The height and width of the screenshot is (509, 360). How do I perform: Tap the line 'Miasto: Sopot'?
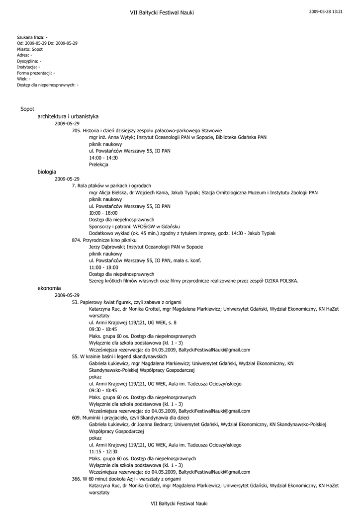[x=30, y=49]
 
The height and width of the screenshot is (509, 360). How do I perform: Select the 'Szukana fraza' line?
[x=32, y=37]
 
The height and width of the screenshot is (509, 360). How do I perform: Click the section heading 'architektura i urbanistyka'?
[x=68, y=116]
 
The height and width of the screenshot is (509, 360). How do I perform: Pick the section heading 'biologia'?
[x=47, y=171]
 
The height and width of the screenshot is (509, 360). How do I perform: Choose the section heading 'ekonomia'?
[x=49, y=288]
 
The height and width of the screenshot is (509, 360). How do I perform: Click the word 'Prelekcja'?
[x=98, y=165]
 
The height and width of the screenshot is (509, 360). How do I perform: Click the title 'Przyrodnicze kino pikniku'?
[x=105, y=240]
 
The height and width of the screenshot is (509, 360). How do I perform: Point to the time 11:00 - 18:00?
[x=103, y=267]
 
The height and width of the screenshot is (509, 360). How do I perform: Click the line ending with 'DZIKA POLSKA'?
[x=193, y=281]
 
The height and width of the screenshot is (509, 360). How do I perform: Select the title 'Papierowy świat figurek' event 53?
[x=127, y=302]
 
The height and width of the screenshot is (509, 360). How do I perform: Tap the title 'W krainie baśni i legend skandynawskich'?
[x=119, y=356]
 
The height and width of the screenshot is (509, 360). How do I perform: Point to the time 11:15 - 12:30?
[x=103, y=451]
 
